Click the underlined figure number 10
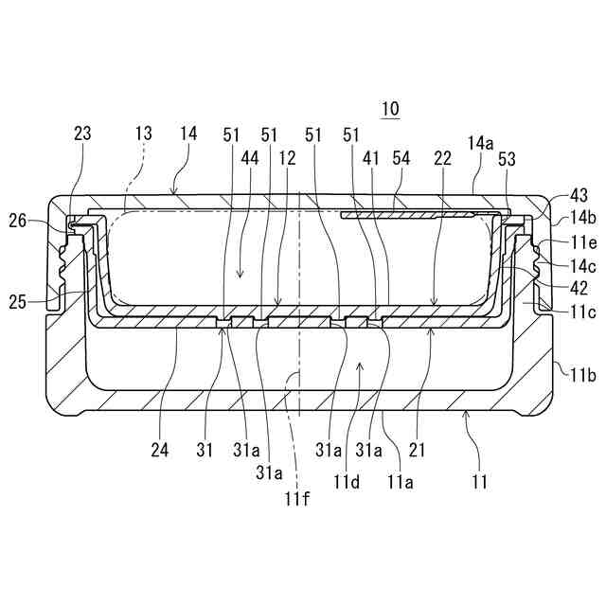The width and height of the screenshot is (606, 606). (390, 109)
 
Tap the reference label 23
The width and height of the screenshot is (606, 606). (82, 134)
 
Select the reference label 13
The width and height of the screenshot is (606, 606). (143, 134)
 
